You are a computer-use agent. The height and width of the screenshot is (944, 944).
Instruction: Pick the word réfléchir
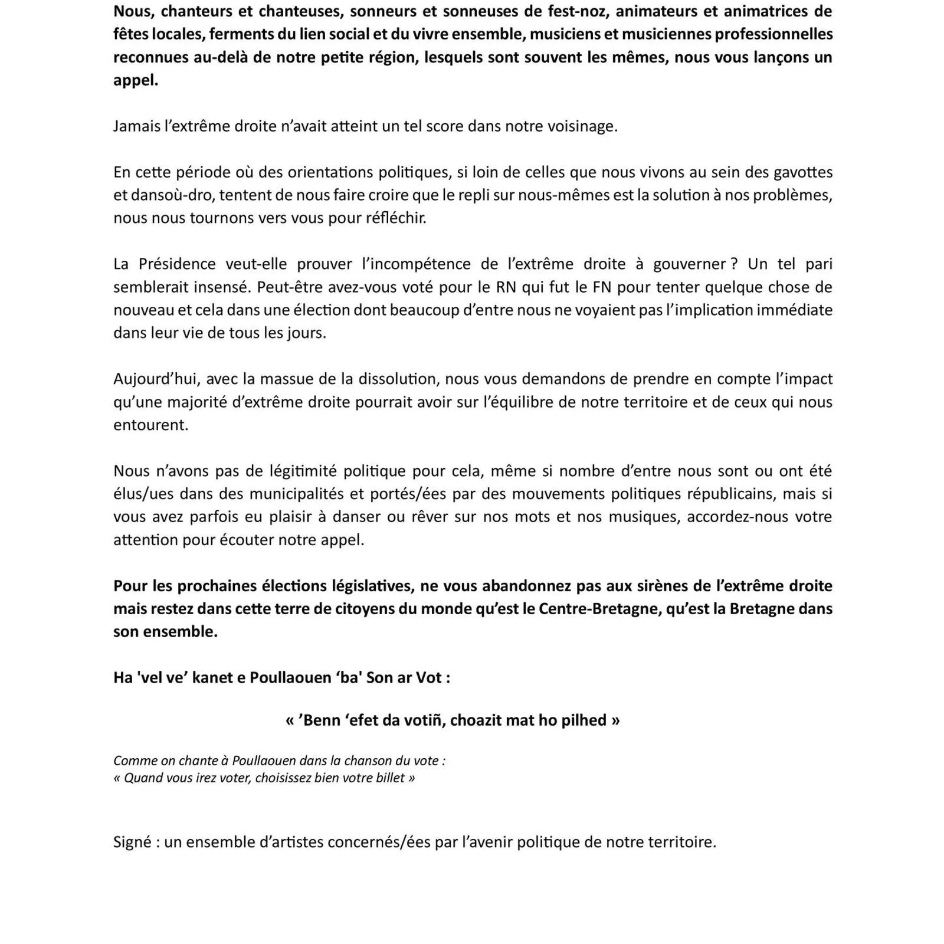pos(395,218)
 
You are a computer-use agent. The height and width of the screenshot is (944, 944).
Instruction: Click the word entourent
pos(150,425)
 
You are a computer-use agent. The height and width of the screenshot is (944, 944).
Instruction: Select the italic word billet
pos(390,778)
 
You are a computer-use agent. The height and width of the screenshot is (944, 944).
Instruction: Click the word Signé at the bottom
pos(132,842)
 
